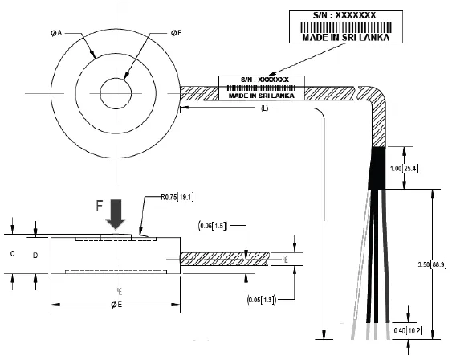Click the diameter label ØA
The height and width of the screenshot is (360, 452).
(57, 33)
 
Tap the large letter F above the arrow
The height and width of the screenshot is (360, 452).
(100, 205)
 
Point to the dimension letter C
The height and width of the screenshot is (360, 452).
(13, 254)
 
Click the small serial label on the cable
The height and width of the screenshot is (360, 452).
(261, 88)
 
